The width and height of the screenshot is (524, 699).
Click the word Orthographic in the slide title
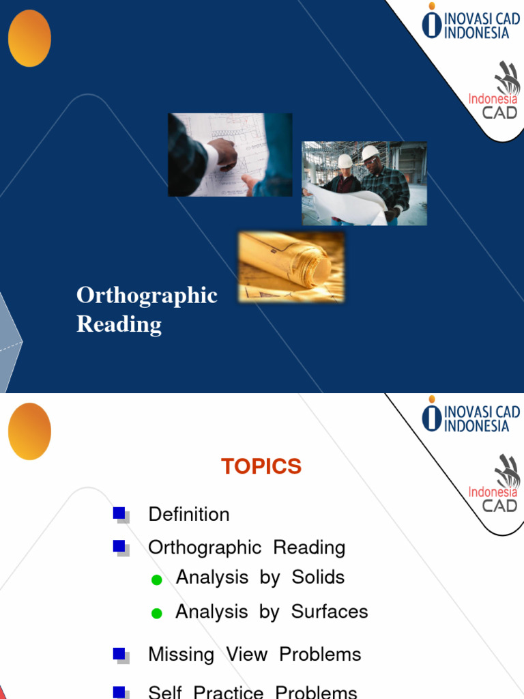[147, 296]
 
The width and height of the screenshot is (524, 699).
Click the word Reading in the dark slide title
[119, 324]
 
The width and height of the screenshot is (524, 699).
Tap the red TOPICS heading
[261, 467]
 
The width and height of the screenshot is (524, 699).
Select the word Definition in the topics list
[189, 515]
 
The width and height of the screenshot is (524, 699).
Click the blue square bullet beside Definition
[119, 513]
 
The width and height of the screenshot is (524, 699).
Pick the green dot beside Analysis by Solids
[156, 580]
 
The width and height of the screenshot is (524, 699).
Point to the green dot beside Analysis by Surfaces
[156, 614]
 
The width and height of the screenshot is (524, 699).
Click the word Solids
[318, 577]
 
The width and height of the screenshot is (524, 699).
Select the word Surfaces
[330, 612]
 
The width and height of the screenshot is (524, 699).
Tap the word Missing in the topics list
[181, 655]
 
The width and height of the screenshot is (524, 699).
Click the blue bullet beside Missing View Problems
[119, 654]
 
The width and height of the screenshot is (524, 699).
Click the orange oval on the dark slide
[29, 38]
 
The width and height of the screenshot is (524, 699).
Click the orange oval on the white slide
[29, 431]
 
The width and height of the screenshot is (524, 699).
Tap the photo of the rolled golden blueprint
[291, 267]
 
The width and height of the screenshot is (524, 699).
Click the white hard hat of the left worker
[345, 162]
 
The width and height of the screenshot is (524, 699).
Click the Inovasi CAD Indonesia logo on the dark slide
[470, 22]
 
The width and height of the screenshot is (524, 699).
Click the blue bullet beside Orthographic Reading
[119, 546]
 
